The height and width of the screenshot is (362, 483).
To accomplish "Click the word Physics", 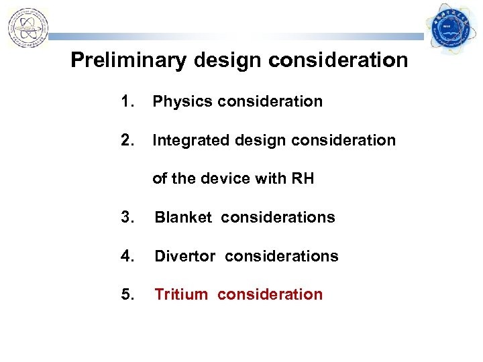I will pyautogui.click(x=180, y=102).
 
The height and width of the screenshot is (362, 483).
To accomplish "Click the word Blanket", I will pyautogui.click(x=183, y=217).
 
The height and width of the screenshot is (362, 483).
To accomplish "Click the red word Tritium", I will pyautogui.click(x=181, y=294).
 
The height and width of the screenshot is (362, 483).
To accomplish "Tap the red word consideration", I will pyautogui.click(x=270, y=294).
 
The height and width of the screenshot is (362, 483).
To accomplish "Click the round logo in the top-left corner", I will pyautogui.click(x=28, y=28).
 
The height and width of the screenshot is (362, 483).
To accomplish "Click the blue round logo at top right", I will pyautogui.click(x=453, y=27).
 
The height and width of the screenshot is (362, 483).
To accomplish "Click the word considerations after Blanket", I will pyautogui.click(x=278, y=217).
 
